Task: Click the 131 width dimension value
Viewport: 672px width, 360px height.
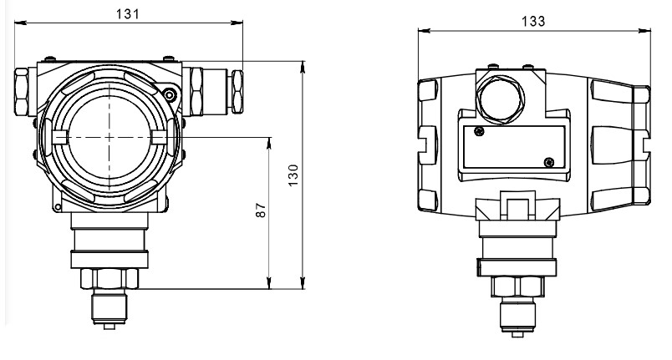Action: point(128,14)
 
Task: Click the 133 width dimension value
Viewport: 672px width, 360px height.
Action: point(533,22)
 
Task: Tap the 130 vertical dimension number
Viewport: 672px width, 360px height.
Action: point(293,175)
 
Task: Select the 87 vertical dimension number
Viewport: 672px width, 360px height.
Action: point(261,210)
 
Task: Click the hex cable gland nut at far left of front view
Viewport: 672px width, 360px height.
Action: point(22,92)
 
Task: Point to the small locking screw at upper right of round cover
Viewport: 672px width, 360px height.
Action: point(171,95)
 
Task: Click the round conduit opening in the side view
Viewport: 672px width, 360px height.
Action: point(501,99)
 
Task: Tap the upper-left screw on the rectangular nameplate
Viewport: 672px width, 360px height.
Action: point(480,131)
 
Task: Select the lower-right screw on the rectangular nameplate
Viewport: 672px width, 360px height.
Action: point(548,162)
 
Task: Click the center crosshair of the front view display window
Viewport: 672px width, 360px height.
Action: point(109,137)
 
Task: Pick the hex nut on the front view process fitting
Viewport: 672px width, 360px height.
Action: point(109,279)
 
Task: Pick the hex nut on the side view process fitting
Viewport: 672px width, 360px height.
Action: point(517,286)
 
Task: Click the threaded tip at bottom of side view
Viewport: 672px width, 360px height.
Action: point(517,317)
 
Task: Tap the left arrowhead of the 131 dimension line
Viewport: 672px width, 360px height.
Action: point(20,23)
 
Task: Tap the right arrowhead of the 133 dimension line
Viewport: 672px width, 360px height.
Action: point(645,30)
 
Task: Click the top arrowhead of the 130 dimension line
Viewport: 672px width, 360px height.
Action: point(303,67)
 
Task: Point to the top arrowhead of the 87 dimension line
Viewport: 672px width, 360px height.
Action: point(269,144)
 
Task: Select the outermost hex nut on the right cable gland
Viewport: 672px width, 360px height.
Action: point(237,92)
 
